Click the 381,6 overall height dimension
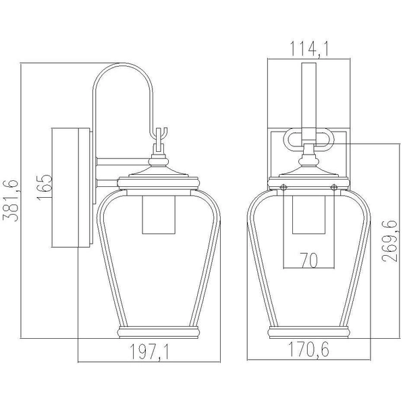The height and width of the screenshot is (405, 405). point(10,200)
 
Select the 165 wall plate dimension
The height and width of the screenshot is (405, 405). point(45,188)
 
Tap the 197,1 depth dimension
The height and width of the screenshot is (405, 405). point(149,351)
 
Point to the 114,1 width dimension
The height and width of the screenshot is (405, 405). point(309,49)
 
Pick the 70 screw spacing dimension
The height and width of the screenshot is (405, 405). point(308,261)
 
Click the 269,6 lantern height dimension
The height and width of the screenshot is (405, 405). point(389,241)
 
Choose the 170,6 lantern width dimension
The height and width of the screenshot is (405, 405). point(308,349)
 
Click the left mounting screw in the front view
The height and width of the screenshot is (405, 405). point(283,187)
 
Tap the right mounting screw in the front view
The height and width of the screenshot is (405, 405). point(334,187)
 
